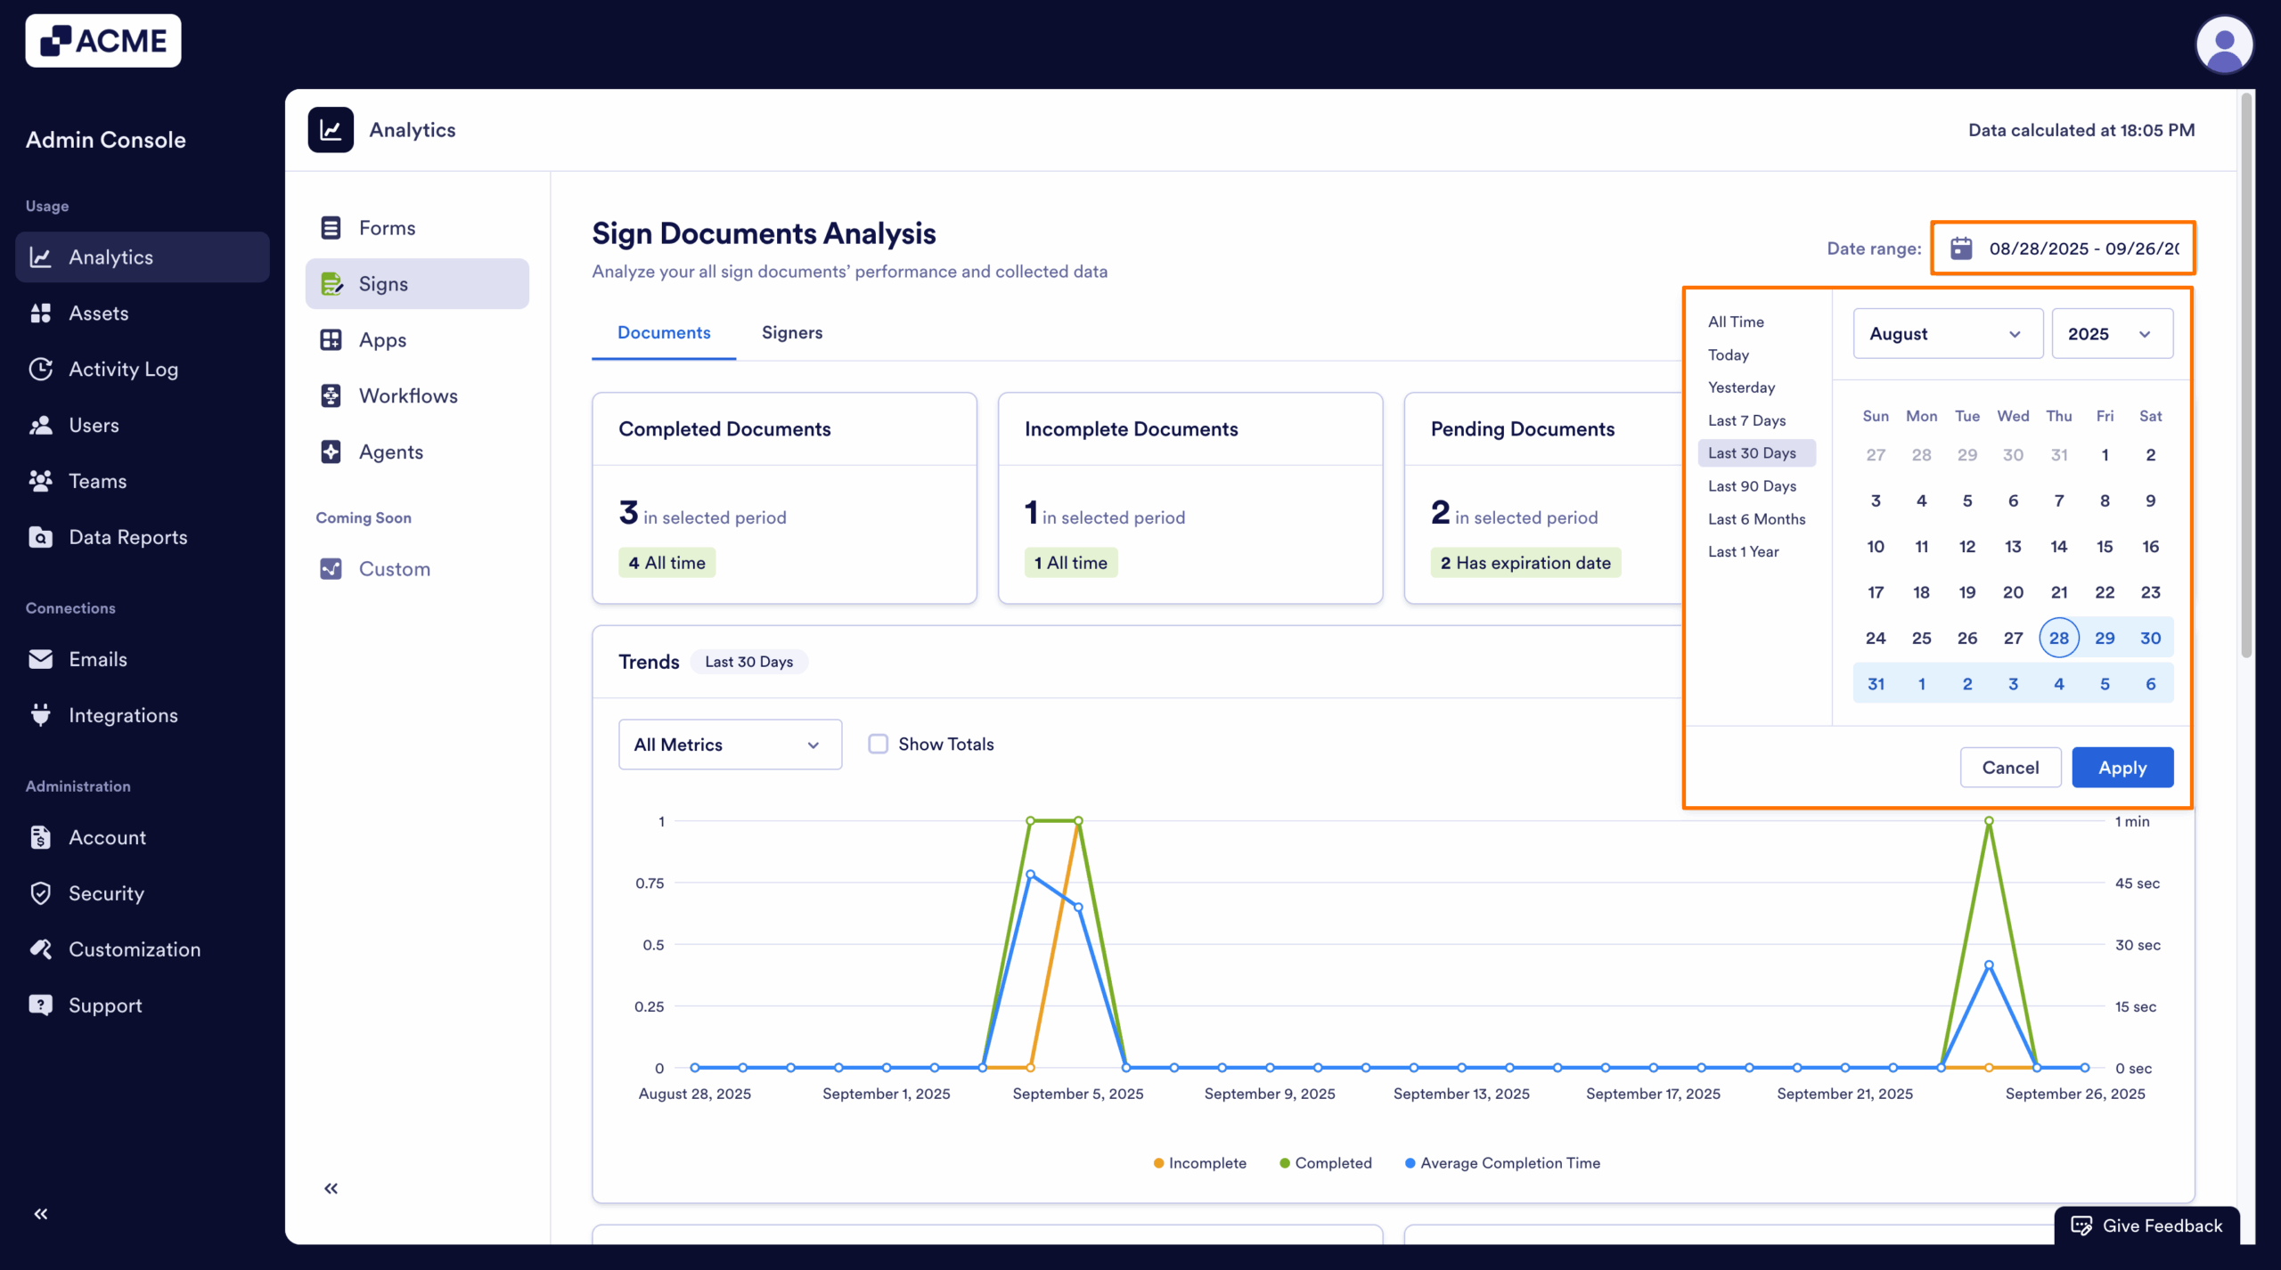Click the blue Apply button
[2122, 767]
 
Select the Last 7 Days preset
[1746, 420]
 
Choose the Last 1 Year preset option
[1743, 551]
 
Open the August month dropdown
[1947, 334]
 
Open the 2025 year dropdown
[2111, 334]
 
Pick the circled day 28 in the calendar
[2058, 638]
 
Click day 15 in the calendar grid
[2104, 546]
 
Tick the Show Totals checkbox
[879, 744]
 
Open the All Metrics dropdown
[730, 745]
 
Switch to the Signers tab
[791, 332]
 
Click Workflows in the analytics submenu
[408, 395]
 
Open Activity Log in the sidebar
[123, 369]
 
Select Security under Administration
[106, 893]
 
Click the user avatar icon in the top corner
[2223, 45]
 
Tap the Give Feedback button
[2146, 1225]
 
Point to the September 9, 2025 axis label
[1269, 1094]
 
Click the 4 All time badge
[666, 563]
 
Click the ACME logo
[103, 41]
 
